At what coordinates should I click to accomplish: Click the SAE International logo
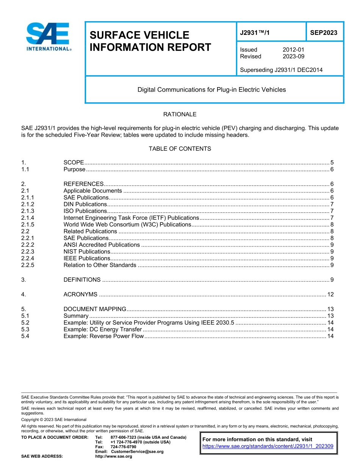[x=49, y=37]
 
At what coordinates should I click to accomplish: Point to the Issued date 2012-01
[x=293, y=50]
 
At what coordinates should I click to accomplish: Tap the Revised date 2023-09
[x=293, y=56]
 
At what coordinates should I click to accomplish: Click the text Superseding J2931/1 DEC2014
[x=281, y=70]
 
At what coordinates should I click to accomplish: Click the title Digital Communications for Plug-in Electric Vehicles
[x=211, y=90]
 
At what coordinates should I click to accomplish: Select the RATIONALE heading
[x=180, y=114]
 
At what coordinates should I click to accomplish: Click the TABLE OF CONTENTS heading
[x=180, y=149]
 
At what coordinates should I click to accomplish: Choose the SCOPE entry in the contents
[x=74, y=163]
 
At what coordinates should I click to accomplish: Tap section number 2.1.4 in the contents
[x=28, y=218]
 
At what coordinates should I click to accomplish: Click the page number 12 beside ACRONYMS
[x=330, y=294]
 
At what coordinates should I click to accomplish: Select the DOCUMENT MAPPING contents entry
[x=95, y=309]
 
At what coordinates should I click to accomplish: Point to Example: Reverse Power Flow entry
[x=103, y=336]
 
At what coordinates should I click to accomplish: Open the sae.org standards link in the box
[x=268, y=446]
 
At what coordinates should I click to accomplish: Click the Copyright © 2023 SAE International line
[x=54, y=420]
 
